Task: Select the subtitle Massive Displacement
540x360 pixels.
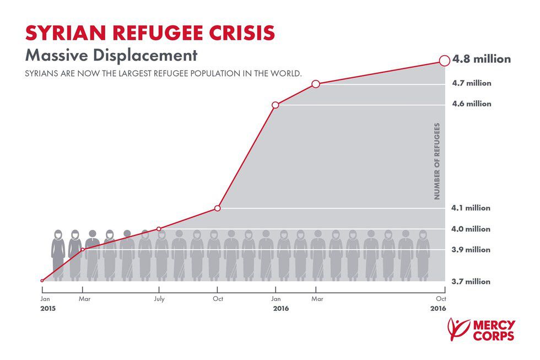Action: coord(111,56)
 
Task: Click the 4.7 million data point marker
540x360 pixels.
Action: coord(316,84)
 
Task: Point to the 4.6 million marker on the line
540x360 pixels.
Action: coord(276,105)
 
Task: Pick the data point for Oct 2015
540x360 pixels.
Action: coord(217,208)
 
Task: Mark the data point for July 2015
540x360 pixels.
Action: coord(159,229)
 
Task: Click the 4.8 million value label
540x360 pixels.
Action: coord(482,59)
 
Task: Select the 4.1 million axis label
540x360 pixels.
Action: coord(471,208)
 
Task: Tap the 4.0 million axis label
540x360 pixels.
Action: coord(471,229)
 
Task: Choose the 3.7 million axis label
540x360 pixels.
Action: coord(471,282)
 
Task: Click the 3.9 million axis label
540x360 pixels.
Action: coord(471,250)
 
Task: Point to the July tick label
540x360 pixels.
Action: coord(159,299)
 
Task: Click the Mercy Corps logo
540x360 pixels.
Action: coord(482,330)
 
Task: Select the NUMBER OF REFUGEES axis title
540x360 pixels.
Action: coord(437,161)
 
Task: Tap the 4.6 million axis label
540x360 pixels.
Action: coord(471,104)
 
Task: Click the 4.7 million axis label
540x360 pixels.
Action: coord(471,84)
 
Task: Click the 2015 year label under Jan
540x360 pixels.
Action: coord(48,309)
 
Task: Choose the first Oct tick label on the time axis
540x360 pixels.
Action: coord(217,299)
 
